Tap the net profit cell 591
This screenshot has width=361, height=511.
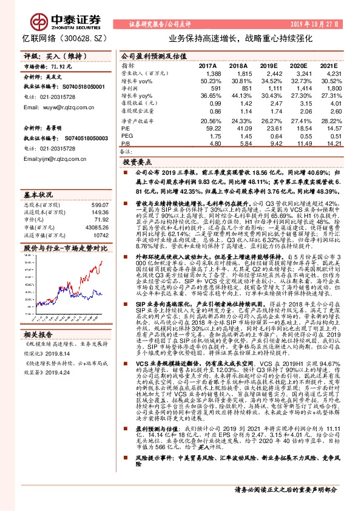211,88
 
